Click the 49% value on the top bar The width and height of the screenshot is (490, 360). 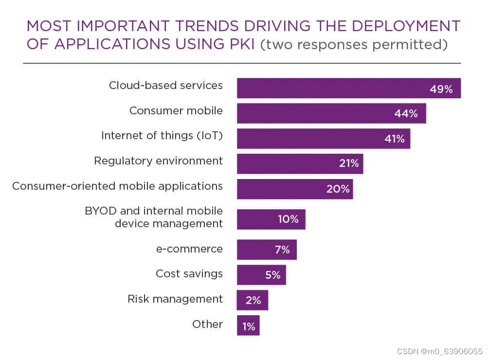coord(441,89)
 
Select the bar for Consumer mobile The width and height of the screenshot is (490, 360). coord(331,113)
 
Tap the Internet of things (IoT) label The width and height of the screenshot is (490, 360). coord(162,136)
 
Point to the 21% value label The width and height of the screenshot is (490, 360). coord(349,164)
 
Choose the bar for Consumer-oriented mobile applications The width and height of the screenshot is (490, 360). coord(294,189)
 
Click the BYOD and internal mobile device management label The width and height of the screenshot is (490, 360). coord(154,217)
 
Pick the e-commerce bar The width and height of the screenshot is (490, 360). coord(266,250)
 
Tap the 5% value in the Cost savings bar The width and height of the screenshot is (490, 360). coord(272,275)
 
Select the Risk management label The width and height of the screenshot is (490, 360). coord(175,299)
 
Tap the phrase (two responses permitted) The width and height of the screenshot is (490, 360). coord(354,44)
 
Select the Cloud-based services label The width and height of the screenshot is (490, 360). coord(166,86)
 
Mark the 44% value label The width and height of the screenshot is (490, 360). coord(406,114)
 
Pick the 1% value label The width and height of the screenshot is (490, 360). coord(249,327)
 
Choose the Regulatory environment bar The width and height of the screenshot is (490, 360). coord(300,164)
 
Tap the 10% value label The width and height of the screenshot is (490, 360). coord(288,219)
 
